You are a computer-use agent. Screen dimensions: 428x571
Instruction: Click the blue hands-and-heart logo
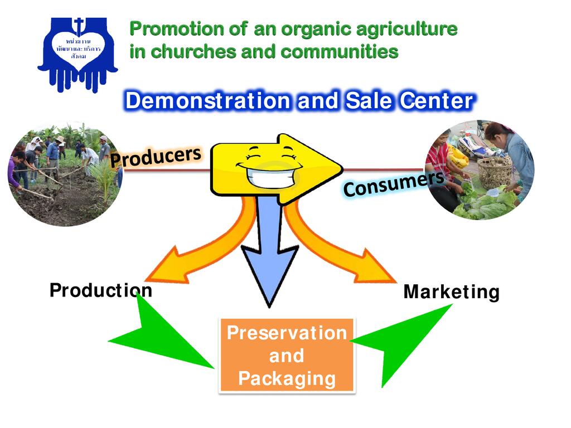(x=78, y=53)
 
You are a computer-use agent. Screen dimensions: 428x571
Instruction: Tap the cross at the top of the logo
(x=79, y=26)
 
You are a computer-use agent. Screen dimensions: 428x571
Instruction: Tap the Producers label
(x=155, y=156)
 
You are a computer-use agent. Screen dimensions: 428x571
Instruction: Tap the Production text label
(x=100, y=290)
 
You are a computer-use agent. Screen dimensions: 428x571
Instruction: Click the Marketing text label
(x=451, y=292)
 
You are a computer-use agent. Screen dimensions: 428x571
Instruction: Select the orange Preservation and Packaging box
(x=287, y=356)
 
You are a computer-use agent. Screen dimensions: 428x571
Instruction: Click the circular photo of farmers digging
(x=64, y=173)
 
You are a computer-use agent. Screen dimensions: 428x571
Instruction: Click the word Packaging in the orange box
(x=287, y=379)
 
